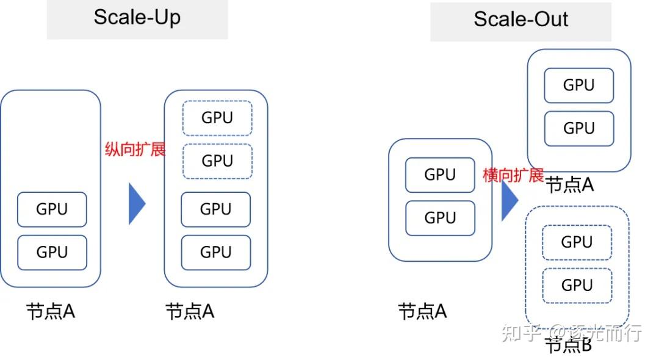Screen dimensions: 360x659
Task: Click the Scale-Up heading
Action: (x=137, y=17)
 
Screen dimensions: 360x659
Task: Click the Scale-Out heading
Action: (x=520, y=19)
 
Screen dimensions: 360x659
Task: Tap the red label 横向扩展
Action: (x=513, y=176)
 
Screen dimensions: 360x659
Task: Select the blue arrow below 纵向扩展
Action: (x=137, y=203)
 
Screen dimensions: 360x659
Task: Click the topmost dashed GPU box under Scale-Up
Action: (x=217, y=118)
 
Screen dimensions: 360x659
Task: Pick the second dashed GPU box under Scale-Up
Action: (x=217, y=161)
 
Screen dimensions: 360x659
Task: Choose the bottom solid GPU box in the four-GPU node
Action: (x=215, y=251)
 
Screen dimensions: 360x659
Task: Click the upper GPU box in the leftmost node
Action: (x=52, y=209)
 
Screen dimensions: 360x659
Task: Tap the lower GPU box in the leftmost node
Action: (x=52, y=252)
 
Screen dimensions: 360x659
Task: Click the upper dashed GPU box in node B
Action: (x=577, y=242)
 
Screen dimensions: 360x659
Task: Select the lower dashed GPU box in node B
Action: (x=577, y=285)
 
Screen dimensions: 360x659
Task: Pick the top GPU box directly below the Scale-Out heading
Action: (x=578, y=85)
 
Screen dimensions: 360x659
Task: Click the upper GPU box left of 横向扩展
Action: (x=439, y=175)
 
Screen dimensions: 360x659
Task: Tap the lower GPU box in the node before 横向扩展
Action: (x=439, y=218)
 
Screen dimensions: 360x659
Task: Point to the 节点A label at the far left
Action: (x=50, y=312)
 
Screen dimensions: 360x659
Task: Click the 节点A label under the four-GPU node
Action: (x=190, y=312)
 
